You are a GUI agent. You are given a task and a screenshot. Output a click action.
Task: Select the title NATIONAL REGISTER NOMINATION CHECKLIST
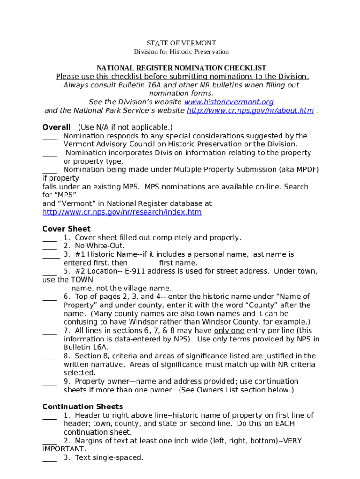click(x=181, y=68)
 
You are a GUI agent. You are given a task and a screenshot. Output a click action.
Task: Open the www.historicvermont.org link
click(x=229, y=102)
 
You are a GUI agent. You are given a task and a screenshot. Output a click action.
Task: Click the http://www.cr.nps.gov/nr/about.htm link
click(x=250, y=110)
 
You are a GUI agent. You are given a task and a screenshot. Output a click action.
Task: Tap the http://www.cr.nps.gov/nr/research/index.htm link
click(x=122, y=212)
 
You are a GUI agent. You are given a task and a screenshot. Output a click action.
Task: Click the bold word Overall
click(x=56, y=127)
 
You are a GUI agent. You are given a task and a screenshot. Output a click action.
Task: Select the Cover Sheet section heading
click(x=66, y=229)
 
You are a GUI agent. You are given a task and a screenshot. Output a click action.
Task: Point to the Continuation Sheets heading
click(x=83, y=406)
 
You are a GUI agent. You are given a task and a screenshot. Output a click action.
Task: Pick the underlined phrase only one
click(x=229, y=331)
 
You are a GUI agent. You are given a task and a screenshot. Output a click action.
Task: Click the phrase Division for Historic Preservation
click(x=181, y=51)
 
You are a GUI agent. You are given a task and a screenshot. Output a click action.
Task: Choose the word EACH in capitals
click(x=284, y=423)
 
